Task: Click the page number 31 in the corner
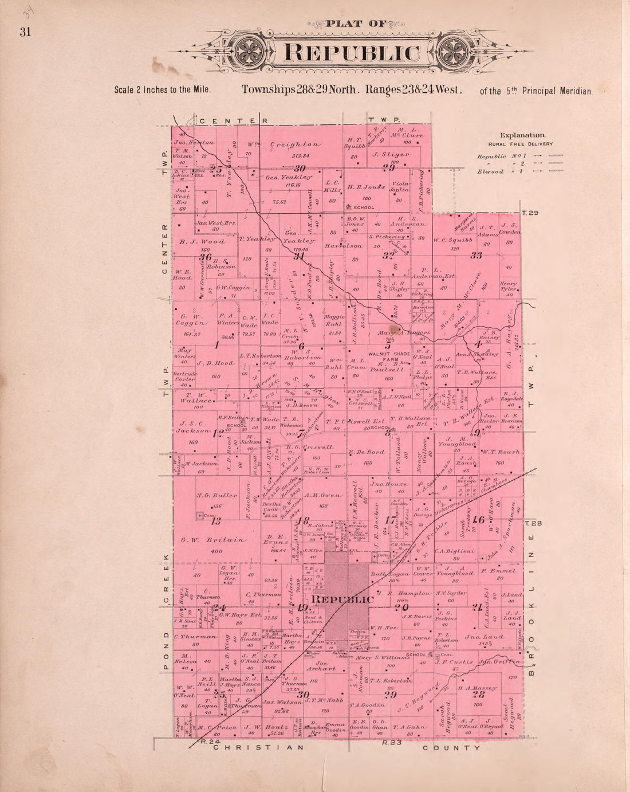(25, 32)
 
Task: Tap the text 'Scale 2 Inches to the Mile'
(163, 90)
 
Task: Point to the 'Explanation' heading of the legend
(522, 135)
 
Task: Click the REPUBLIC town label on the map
(344, 599)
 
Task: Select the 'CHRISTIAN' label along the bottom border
(256, 747)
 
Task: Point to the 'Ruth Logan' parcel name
(390, 574)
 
